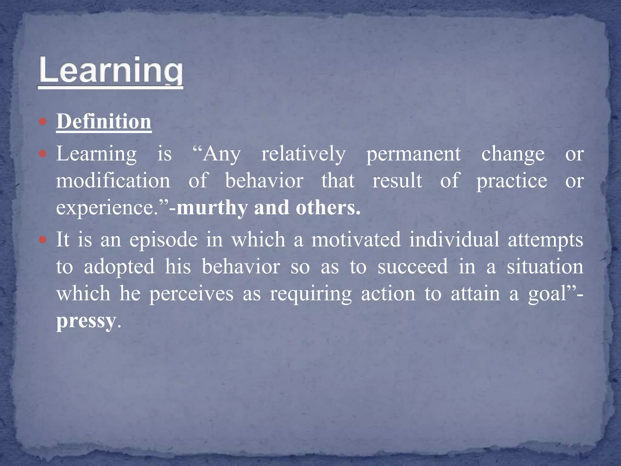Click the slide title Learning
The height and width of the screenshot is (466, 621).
click(x=111, y=71)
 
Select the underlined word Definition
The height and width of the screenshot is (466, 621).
click(x=104, y=122)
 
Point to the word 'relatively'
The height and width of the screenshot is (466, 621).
click(x=303, y=154)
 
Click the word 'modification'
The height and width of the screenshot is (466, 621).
click(x=113, y=181)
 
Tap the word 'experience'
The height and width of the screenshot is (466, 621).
click(x=105, y=208)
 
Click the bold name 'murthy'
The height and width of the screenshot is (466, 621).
click(x=212, y=208)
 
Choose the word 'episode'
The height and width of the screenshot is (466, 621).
click(x=163, y=240)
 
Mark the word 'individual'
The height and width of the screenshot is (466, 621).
click(x=454, y=239)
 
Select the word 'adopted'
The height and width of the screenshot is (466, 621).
click(x=119, y=267)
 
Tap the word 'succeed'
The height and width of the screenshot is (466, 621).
click(x=412, y=267)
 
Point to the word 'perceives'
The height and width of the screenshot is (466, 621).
click(x=191, y=294)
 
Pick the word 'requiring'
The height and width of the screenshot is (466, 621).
click(x=311, y=294)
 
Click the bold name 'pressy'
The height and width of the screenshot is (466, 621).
click(x=86, y=321)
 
